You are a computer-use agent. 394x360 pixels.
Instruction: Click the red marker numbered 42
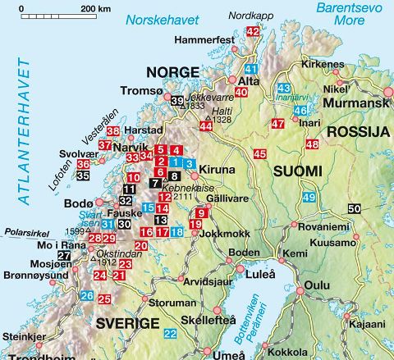253,31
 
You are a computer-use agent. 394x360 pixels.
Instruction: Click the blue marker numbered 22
170,333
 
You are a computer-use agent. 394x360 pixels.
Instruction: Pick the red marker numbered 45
259,153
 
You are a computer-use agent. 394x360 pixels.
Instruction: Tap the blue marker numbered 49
308,197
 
